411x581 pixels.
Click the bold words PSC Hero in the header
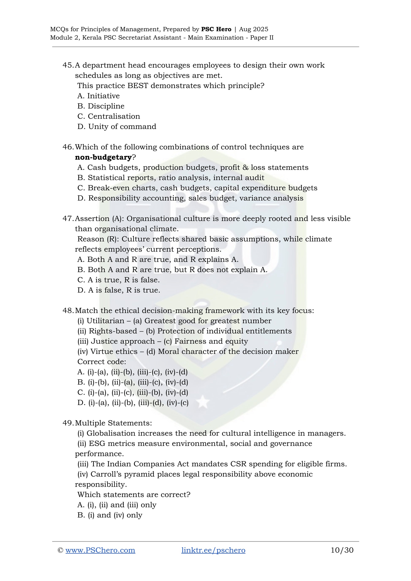[216, 29]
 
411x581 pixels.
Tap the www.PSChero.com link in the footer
[100, 550]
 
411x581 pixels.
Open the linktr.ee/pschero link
[213, 550]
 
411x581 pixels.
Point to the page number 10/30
[342, 550]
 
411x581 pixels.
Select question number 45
[68, 65]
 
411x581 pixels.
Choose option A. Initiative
[98, 96]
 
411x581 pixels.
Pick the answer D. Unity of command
[117, 127]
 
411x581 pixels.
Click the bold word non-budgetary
[103, 157]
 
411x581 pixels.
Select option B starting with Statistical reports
[171, 178]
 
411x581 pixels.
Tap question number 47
[68, 219]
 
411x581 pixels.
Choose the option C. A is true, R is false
[118, 280]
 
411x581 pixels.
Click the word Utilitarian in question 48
[105, 321]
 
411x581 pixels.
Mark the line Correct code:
[102, 362]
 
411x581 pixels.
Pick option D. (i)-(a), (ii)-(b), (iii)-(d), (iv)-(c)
[133, 403]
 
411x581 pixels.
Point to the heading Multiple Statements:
[113, 423]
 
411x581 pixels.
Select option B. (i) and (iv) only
[110, 515]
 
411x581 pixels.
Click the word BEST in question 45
[137, 86]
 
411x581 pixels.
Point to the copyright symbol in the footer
[60, 550]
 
